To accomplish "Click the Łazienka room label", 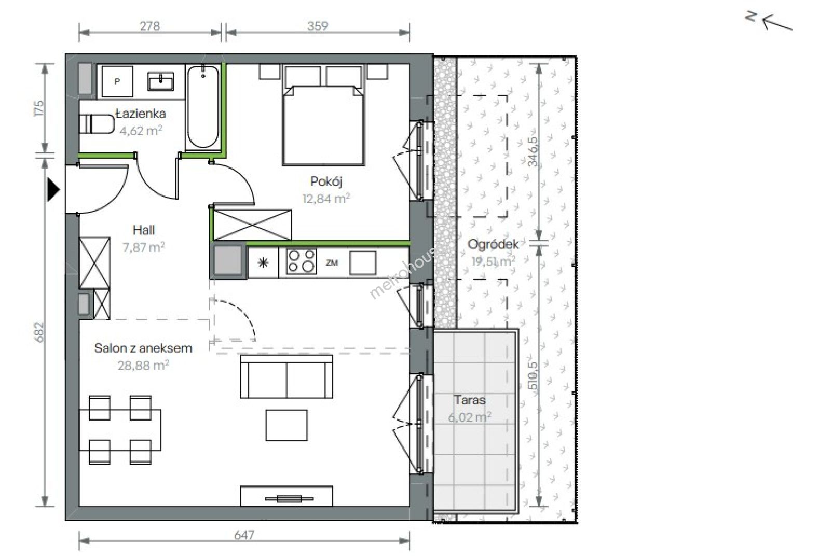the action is (x=141, y=114).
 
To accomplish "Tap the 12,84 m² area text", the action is (x=326, y=199).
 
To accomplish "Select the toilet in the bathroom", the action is (x=97, y=124).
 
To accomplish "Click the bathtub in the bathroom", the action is (x=203, y=107).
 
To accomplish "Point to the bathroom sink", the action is (x=160, y=81).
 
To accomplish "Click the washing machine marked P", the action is (x=117, y=81).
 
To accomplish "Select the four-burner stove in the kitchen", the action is (x=301, y=261).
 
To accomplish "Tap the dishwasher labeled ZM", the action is (x=332, y=263).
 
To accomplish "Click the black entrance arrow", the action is (x=53, y=190).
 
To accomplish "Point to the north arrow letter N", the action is (x=751, y=17).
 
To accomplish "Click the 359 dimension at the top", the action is (x=318, y=26).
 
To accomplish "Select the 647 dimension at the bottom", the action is (x=244, y=535).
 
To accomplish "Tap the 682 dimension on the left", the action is (x=39, y=332).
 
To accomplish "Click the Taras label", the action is (x=470, y=400).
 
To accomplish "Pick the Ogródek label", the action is (x=493, y=244).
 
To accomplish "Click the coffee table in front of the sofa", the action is (x=286, y=425).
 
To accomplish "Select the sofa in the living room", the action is (x=286, y=376).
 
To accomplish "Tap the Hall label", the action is (x=143, y=230).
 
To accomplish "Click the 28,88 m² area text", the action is (x=143, y=365).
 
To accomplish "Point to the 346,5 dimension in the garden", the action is (x=533, y=151).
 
